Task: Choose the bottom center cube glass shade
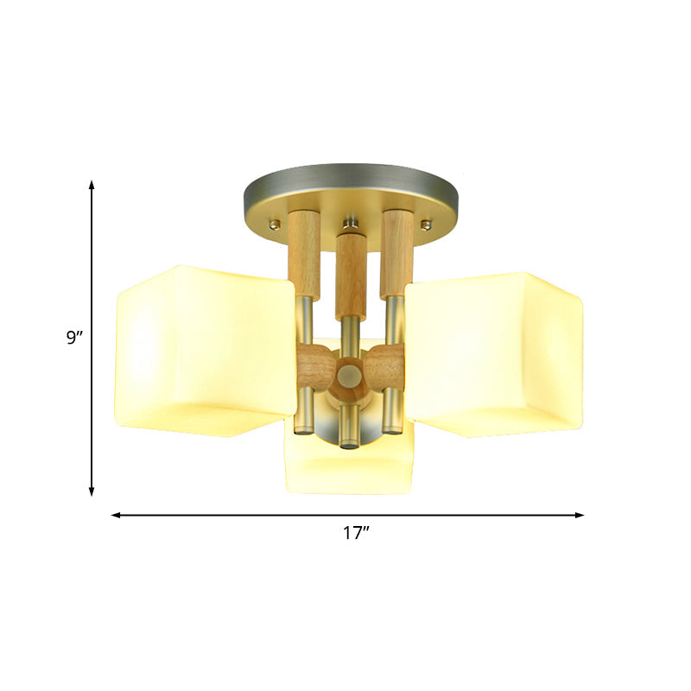[x=350, y=466]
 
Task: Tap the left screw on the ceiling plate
[x=275, y=225]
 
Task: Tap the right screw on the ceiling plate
[x=425, y=225]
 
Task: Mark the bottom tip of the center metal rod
[x=349, y=443]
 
